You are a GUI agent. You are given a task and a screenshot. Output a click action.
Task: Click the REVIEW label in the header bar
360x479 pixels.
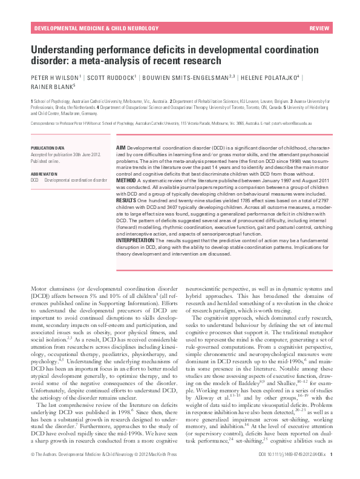point(319,29)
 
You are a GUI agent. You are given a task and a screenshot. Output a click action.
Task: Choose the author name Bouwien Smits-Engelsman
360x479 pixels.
point(183,78)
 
